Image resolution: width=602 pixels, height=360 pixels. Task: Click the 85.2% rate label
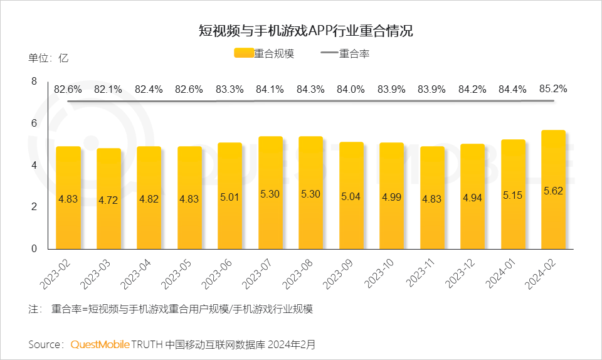553,89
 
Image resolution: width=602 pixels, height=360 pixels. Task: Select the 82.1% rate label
108,90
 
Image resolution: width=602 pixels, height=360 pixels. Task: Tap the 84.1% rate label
270,90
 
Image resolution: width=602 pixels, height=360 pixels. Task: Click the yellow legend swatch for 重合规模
243,54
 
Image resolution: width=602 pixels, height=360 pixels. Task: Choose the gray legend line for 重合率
329,54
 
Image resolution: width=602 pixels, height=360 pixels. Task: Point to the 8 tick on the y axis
34,81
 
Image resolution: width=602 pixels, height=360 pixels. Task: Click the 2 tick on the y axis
34,207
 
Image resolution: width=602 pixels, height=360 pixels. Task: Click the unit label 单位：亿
48,58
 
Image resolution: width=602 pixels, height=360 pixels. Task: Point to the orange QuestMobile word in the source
100,344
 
